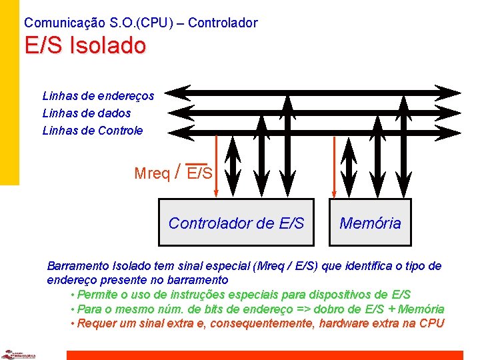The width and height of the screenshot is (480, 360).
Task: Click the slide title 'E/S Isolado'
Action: [85, 46]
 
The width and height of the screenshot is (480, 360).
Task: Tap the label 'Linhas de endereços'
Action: [98, 96]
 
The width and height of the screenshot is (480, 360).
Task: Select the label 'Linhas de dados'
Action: [87, 113]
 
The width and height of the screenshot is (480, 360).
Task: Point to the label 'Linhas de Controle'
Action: [93, 131]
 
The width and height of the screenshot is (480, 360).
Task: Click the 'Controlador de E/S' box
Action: [236, 223]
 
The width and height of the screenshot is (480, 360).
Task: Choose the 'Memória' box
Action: [370, 223]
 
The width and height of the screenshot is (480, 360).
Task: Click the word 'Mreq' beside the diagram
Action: [152, 174]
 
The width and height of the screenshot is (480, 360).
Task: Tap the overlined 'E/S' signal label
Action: [199, 174]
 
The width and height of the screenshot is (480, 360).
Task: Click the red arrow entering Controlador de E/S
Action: [217, 167]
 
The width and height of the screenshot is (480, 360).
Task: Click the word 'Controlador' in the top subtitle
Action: [223, 23]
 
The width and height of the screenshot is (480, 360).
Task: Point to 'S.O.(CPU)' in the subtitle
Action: [140, 23]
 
